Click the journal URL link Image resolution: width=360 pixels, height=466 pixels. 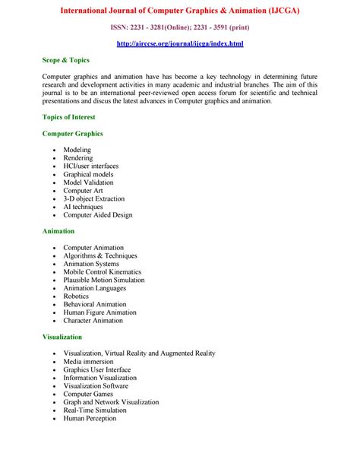[180, 43]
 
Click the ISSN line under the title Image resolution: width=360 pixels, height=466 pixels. [180, 28]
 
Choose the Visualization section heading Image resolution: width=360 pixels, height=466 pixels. [62, 337]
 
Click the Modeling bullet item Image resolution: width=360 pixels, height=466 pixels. [77, 150]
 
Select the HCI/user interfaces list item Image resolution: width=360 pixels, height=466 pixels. [90, 166]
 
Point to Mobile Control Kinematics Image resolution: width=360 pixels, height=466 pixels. [102, 272]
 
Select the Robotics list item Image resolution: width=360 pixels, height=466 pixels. [76, 296]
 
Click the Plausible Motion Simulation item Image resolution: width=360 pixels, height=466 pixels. [103, 280]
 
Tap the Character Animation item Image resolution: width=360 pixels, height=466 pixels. [93, 321]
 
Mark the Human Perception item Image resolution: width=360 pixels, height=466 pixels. [90, 418]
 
